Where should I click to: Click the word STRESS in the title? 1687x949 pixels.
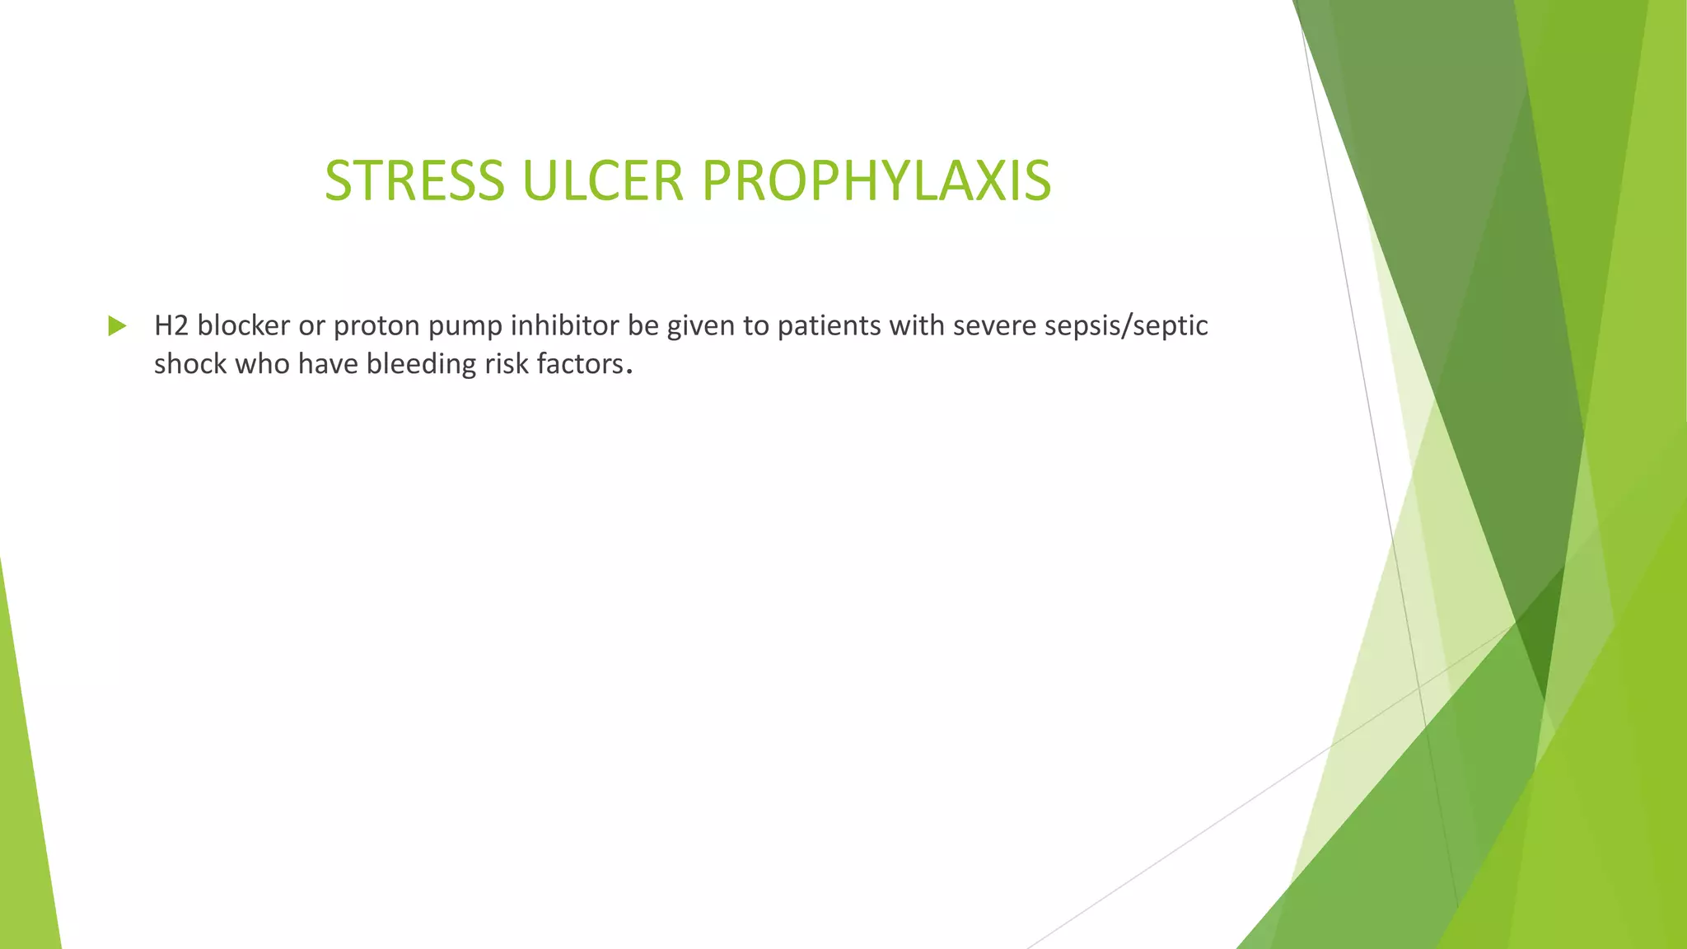click(x=414, y=180)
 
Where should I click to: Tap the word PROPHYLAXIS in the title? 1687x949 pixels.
click(x=876, y=180)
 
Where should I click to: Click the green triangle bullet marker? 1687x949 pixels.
click(x=117, y=326)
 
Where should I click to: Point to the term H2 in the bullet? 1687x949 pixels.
click(x=171, y=325)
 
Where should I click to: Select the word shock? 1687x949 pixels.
click(x=190, y=363)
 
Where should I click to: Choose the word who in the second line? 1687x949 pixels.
click(x=262, y=363)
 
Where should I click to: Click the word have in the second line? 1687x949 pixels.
click(x=328, y=363)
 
